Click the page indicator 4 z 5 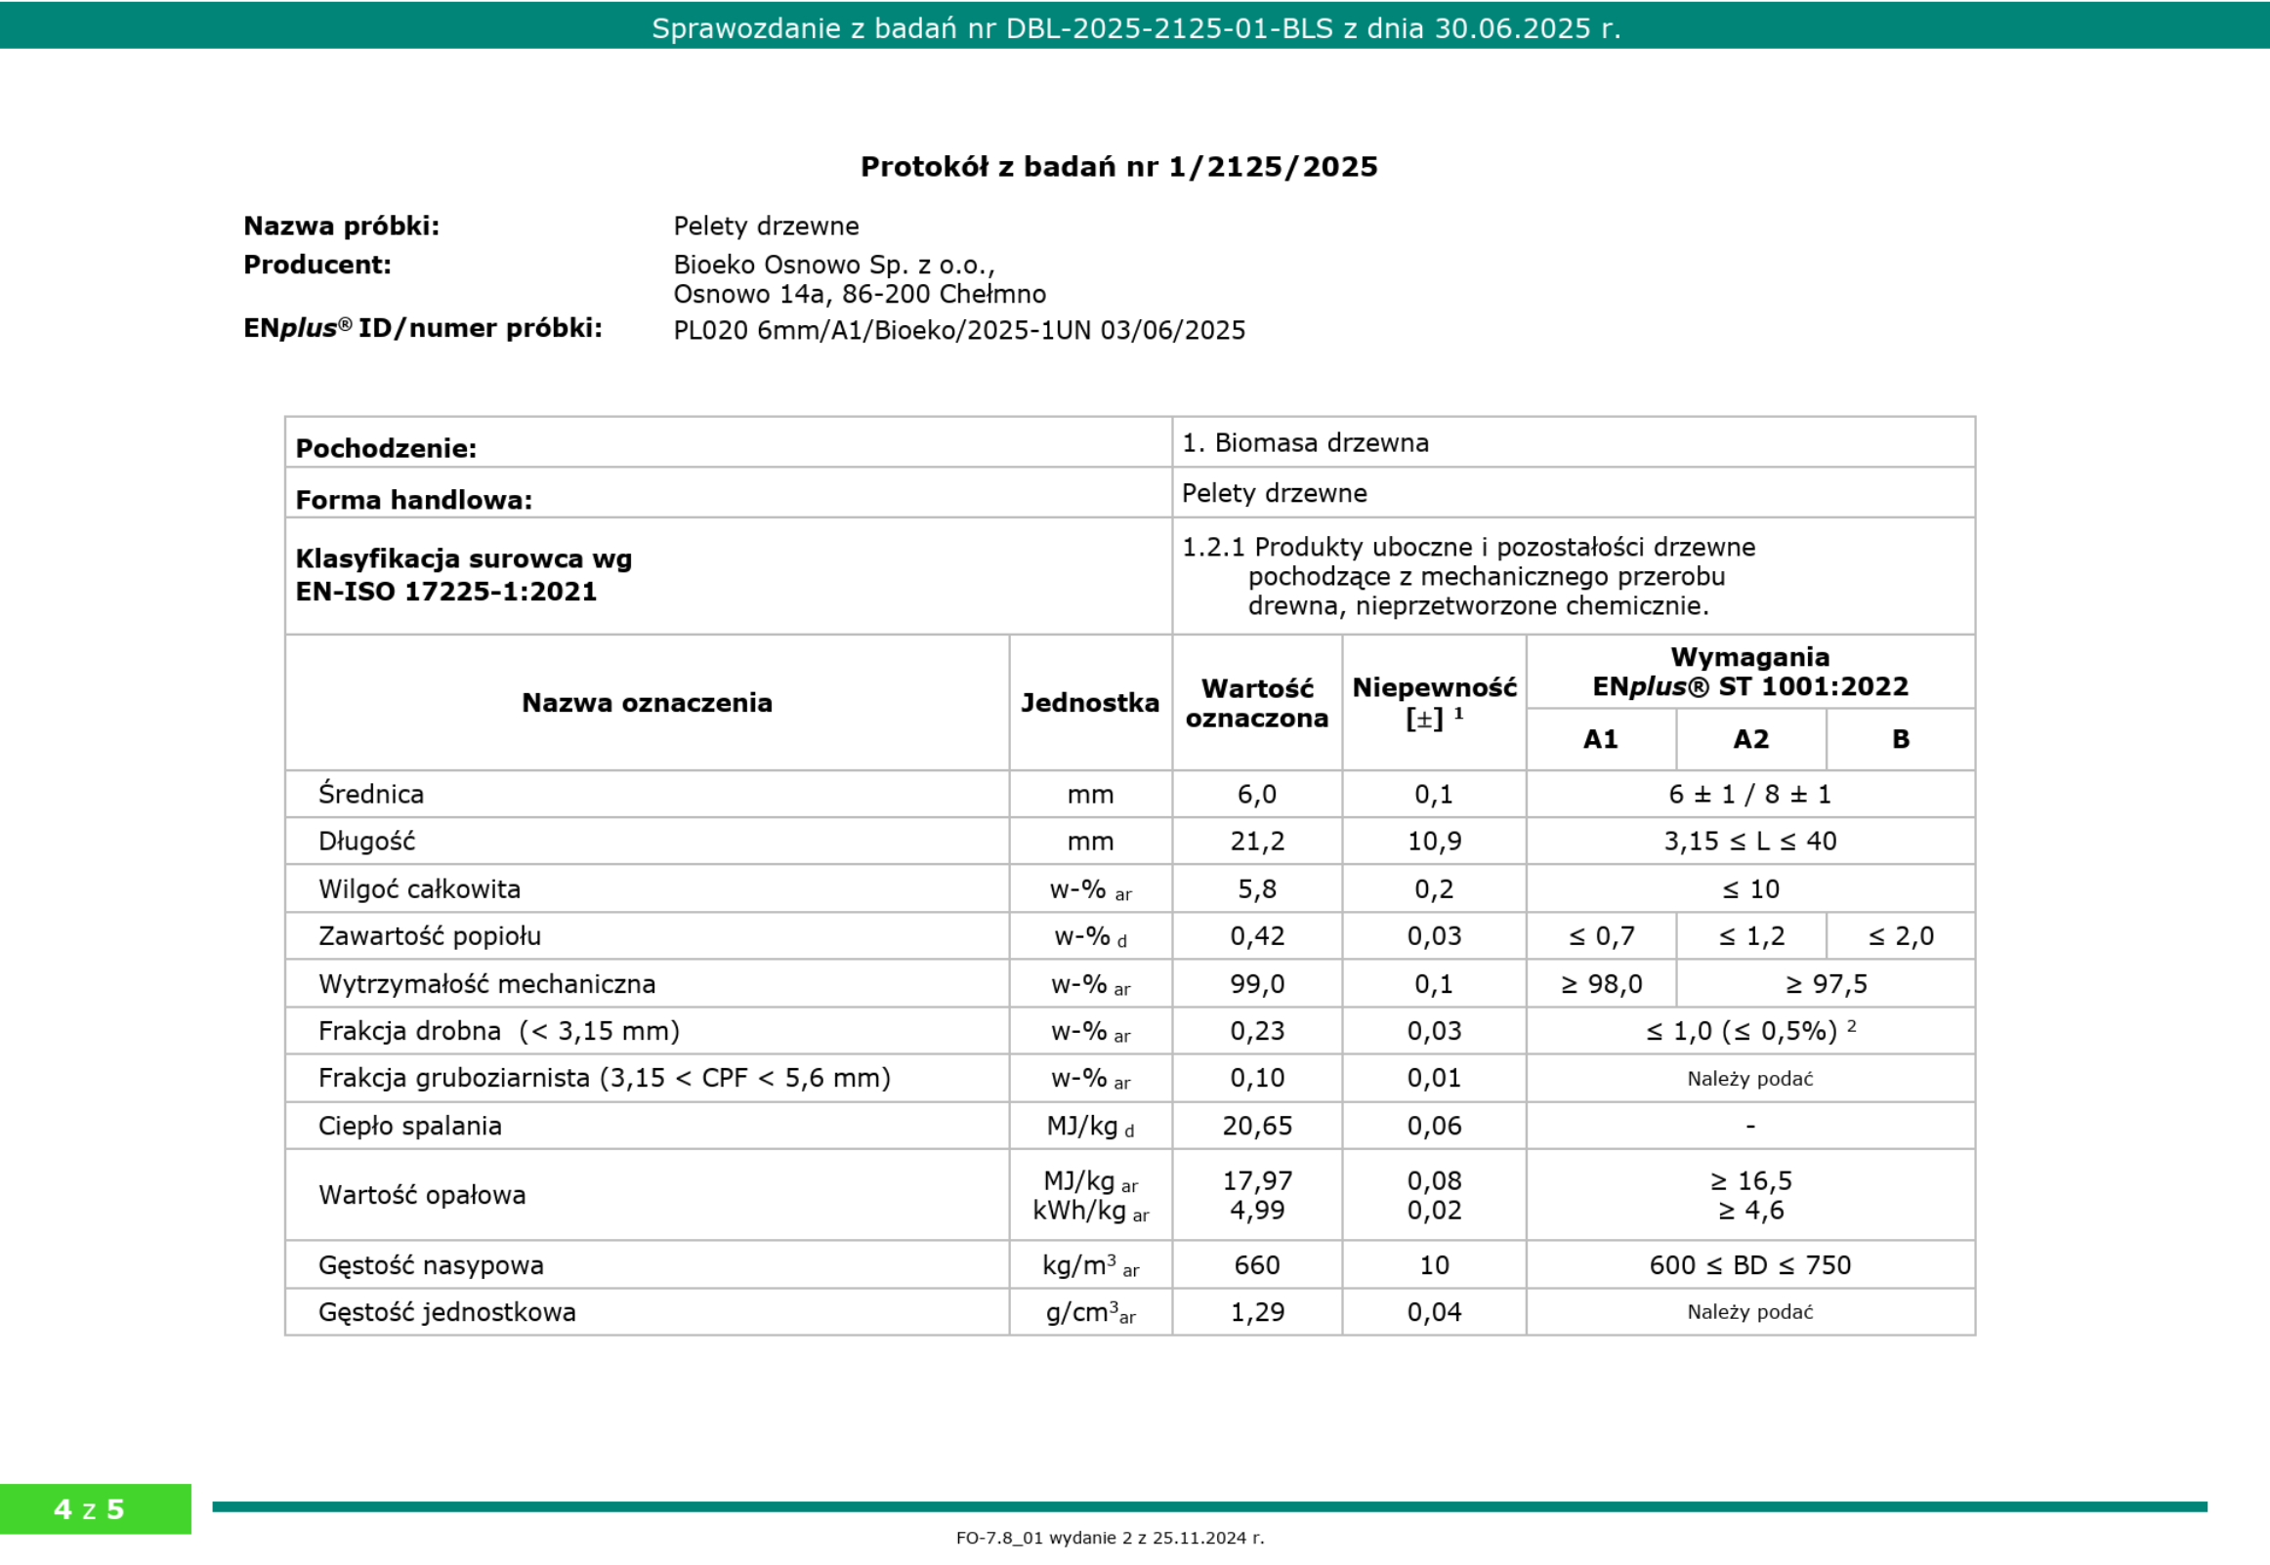click(89, 1508)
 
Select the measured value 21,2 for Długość click(1257, 842)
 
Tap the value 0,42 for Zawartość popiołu click(1257, 936)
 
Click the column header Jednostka click(1090, 702)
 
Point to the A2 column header click(1750, 739)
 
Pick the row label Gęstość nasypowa click(431, 1265)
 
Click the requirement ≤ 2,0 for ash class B click(1900, 936)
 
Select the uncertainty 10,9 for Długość click(1433, 842)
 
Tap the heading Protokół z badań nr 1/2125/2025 click(1118, 167)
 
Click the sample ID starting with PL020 click(958, 330)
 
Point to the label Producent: click(316, 265)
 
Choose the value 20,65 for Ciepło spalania click(1257, 1126)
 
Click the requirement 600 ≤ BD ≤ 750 click(1749, 1265)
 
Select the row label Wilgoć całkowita click(419, 889)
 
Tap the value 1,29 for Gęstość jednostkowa click(1257, 1312)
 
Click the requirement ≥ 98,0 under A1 click(1601, 983)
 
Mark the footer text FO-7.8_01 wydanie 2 click(1110, 1538)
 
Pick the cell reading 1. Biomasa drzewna click(1305, 443)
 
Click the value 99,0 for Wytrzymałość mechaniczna click(1257, 983)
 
